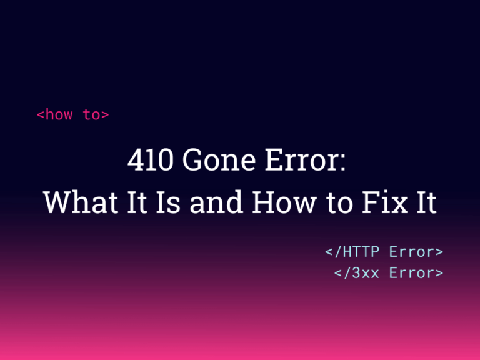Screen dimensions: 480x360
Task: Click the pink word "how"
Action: (59, 114)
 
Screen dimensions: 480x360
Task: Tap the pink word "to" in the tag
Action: (91, 115)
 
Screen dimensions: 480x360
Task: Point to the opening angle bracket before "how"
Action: (41, 115)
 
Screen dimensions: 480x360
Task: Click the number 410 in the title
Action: (151, 159)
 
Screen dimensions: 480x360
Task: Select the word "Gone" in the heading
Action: (219, 159)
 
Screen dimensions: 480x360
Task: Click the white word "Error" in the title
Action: (300, 159)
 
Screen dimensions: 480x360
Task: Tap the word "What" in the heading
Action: (81, 202)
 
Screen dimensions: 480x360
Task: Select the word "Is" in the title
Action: (168, 202)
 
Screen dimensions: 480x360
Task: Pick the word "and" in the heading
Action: (216, 202)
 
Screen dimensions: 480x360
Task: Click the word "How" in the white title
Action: (284, 202)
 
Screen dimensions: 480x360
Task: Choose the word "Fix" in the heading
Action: (385, 202)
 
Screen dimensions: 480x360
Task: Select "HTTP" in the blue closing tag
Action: (361, 252)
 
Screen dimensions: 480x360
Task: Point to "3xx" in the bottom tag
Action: (366, 272)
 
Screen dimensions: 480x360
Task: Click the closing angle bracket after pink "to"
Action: (105, 115)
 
